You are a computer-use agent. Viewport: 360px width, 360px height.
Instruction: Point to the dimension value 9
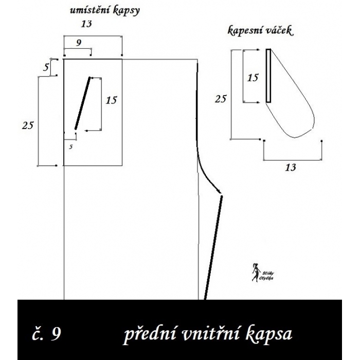(78, 43)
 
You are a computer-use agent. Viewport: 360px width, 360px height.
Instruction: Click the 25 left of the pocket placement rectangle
(28, 124)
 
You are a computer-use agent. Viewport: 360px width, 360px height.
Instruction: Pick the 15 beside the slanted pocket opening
(111, 100)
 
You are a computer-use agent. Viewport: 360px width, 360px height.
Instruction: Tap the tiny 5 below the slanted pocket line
(71, 147)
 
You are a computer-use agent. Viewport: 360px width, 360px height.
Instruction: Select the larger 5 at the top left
(46, 66)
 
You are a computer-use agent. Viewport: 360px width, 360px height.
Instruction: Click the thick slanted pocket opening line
(82, 103)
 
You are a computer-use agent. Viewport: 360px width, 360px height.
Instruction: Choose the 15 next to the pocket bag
(253, 78)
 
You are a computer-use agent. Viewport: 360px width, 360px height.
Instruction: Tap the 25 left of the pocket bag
(220, 99)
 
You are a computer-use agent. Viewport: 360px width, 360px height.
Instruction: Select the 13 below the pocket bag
(290, 167)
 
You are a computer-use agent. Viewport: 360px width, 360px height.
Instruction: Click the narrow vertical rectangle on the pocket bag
(268, 76)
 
